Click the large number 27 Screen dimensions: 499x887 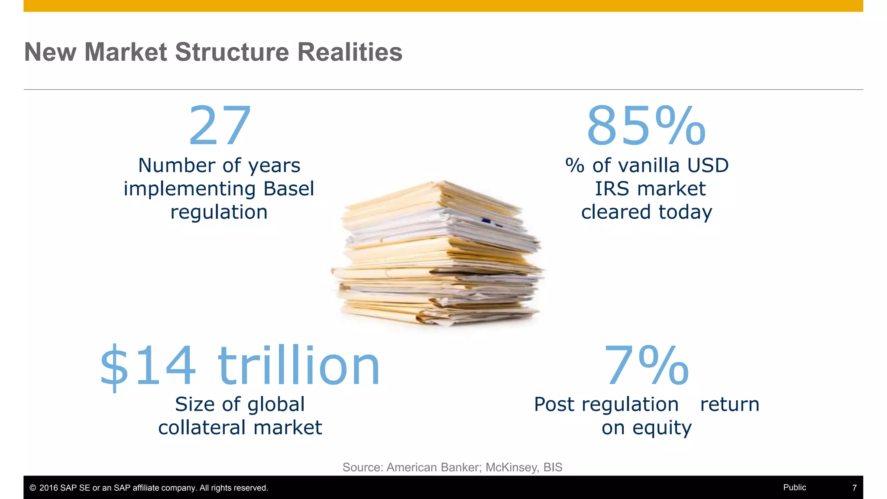tap(220, 126)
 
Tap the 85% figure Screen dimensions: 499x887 tap(646, 126)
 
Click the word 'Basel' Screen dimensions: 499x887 tap(288, 189)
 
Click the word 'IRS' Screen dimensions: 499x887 tap(611, 189)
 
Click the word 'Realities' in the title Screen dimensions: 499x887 tap(350, 52)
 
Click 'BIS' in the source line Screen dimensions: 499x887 tap(553, 467)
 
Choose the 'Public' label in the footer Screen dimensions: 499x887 tap(794, 487)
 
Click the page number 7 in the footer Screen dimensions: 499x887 tap(854, 488)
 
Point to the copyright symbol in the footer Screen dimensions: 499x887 tap(32, 488)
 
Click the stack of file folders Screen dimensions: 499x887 tap(437, 256)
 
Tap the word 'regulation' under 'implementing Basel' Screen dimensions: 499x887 tap(219, 212)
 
